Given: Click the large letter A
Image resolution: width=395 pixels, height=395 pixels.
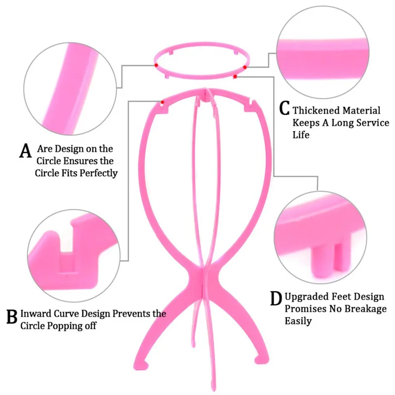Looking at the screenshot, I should [x=25, y=151].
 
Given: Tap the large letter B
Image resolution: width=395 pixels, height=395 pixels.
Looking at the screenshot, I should [x=11, y=316].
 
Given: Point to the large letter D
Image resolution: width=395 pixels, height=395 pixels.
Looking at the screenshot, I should [x=276, y=299].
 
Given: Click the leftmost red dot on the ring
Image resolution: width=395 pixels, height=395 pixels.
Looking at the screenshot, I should [x=156, y=65].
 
